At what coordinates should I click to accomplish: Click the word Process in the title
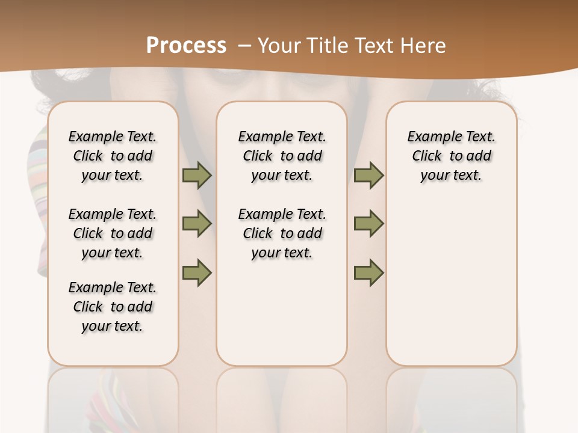click(x=186, y=45)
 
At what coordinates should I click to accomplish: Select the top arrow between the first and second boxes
click(x=197, y=176)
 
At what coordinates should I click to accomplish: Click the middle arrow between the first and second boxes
click(x=197, y=224)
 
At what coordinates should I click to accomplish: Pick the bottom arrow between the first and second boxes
click(x=197, y=272)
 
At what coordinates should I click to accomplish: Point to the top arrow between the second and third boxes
click(x=368, y=176)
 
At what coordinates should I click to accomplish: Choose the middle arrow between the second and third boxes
click(x=368, y=224)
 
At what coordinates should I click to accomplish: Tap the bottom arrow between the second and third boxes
click(x=368, y=272)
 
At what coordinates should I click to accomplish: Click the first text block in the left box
click(x=113, y=156)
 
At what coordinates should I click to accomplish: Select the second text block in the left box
click(x=113, y=233)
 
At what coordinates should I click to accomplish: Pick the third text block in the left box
click(x=113, y=307)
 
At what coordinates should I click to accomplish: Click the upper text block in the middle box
click(x=282, y=156)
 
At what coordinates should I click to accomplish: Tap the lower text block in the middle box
click(x=282, y=233)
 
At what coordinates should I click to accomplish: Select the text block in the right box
click(x=452, y=156)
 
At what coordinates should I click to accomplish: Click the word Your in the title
click(x=279, y=46)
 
